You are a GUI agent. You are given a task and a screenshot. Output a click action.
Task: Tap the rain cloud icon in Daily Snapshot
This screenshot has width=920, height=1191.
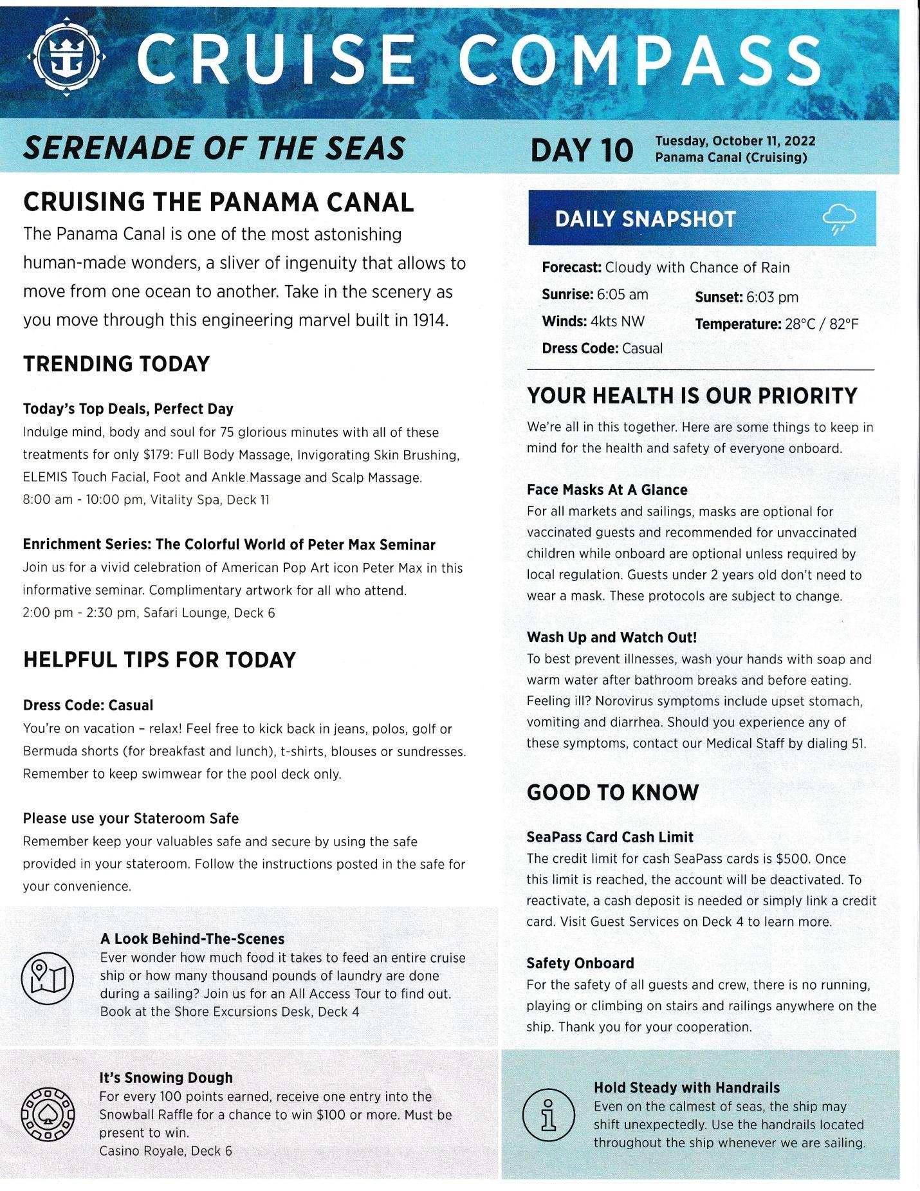click(x=839, y=219)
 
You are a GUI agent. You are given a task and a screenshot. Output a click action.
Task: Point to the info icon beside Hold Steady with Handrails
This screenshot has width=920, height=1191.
click(x=549, y=1116)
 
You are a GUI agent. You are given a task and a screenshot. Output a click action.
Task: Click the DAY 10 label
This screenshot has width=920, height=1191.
click(x=581, y=150)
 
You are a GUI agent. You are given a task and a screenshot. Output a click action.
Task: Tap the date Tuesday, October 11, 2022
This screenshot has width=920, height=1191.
click(x=735, y=141)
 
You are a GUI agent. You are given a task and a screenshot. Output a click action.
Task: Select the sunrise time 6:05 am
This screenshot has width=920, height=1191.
click(x=622, y=295)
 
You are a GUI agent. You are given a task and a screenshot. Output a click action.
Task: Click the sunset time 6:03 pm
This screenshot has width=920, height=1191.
click(x=772, y=297)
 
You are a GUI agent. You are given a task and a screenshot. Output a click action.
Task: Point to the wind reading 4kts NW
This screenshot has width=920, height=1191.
click(x=617, y=321)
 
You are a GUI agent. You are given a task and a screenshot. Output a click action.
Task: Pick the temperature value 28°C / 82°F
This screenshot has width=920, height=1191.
click(x=822, y=324)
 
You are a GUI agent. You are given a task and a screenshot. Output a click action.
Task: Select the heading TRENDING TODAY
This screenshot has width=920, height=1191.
click(x=116, y=364)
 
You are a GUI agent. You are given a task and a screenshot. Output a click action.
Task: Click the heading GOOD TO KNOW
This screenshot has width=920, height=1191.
click(x=612, y=793)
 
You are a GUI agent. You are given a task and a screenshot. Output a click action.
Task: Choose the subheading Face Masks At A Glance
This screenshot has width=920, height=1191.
click(x=607, y=490)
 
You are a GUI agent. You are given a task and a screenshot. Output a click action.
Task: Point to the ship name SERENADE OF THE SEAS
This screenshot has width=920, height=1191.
click(x=214, y=148)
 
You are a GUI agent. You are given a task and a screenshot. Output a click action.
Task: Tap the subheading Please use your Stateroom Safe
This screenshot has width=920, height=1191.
click(x=131, y=818)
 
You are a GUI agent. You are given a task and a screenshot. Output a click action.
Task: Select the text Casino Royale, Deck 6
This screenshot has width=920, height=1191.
click(x=165, y=1150)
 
